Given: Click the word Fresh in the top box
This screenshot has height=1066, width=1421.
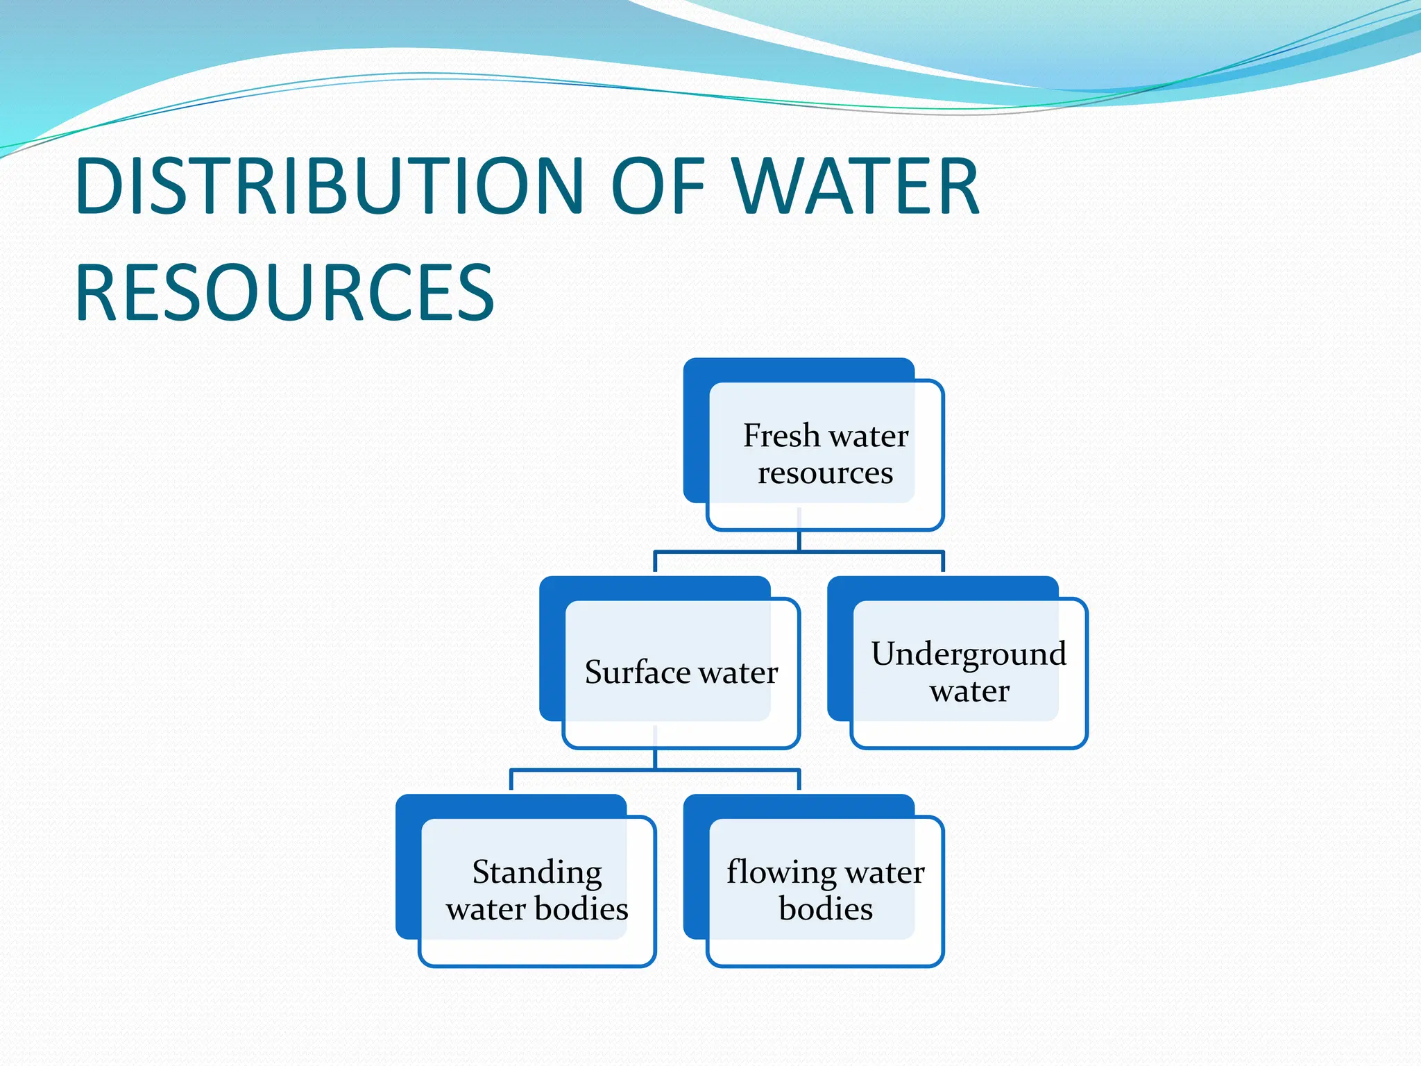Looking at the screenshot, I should pos(781,436).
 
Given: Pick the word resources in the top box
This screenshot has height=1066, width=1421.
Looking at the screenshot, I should pos(825,473).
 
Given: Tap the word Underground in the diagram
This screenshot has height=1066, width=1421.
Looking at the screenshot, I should pos(969,654).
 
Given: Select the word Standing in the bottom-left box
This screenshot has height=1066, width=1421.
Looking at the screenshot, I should pos(537,872).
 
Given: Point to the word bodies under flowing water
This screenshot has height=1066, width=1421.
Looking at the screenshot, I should pos(825,909).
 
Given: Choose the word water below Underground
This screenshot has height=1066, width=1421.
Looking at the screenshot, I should pos(969,691).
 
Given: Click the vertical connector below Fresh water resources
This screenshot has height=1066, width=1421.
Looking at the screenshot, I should pos(799,541).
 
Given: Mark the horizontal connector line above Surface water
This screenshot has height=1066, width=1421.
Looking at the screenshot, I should pos(729,552).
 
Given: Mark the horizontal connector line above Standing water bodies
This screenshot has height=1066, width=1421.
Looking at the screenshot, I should pos(583,770).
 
